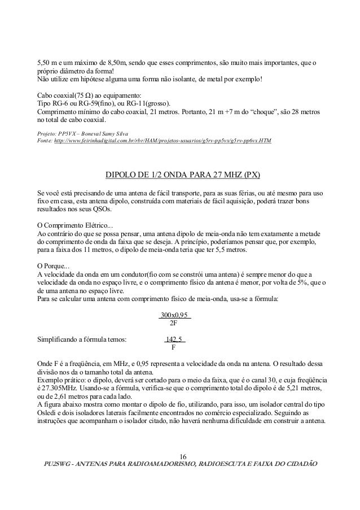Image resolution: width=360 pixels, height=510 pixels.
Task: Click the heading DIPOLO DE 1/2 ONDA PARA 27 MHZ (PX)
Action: coord(179,172)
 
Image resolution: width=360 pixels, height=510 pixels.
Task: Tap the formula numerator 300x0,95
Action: coord(175,315)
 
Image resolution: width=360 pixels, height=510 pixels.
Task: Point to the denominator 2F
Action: coord(174,324)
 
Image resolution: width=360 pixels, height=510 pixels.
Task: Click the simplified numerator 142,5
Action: coord(174,339)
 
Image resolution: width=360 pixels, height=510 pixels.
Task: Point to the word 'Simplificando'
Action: coord(59,339)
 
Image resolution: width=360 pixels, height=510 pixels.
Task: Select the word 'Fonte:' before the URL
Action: coord(45,140)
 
